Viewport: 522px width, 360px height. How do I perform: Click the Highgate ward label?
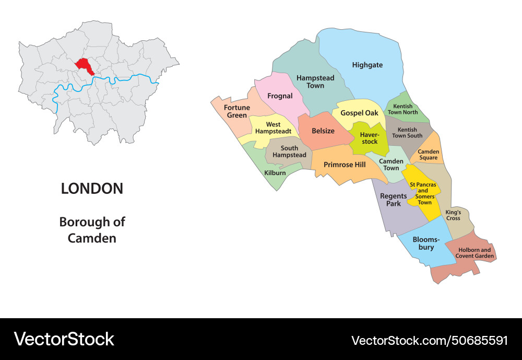click(367, 65)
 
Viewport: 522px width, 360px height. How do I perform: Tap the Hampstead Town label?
click(315, 82)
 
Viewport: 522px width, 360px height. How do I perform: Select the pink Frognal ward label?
click(280, 96)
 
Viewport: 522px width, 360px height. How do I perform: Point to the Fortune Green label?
click(236, 111)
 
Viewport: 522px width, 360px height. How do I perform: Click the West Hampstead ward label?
click(273, 128)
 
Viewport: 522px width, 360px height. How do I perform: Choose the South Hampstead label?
click(289, 152)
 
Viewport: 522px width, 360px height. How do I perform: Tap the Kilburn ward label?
click(275, 172)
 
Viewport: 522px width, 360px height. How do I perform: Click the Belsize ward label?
click(323, 131)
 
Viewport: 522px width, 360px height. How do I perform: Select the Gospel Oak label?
click(359, 113)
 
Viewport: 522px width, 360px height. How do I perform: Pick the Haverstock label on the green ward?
click(369, 138)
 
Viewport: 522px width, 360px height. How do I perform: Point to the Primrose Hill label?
click(345, 165)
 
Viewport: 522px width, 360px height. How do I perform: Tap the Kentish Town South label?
click(407, 133)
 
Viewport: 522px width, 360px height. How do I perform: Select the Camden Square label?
click(428, 155)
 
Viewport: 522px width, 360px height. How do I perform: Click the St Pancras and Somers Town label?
click(423, 193)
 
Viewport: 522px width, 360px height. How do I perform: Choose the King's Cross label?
click(453, 215)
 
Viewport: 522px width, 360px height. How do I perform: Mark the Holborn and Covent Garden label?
click(474, 253)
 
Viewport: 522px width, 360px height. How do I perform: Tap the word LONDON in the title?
click(92, 189)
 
